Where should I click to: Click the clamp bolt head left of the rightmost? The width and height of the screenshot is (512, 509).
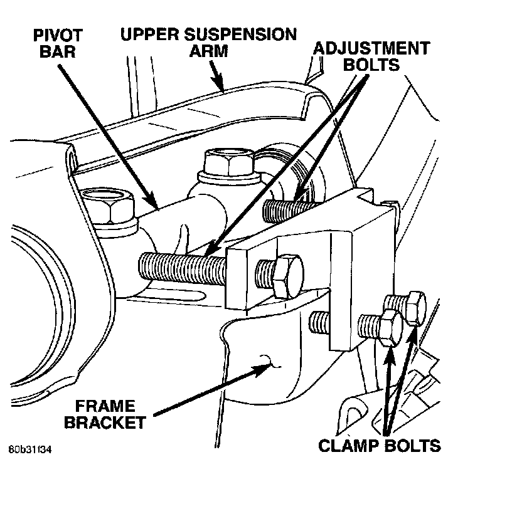point(389,327)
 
